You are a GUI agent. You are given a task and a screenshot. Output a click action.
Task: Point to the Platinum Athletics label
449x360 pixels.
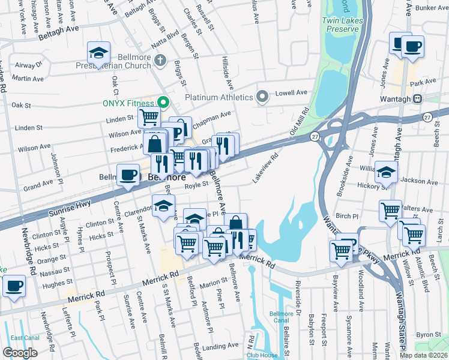pos(218,97)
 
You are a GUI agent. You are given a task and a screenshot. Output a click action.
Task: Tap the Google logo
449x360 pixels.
pos(20,352)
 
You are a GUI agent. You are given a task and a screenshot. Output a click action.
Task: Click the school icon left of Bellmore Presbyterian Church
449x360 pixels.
pos(98,53)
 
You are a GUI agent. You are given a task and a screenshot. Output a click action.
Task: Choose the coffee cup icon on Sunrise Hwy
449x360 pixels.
pos(128,175)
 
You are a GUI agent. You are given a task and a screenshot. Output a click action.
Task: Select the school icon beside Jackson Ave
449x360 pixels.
pos(386,173)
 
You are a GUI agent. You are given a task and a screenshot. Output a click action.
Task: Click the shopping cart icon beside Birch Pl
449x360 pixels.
pos(391,211)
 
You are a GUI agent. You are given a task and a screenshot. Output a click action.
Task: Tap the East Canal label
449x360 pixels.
pos(24,338)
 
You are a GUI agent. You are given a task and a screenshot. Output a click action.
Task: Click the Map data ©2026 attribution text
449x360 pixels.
pos(423,355)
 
